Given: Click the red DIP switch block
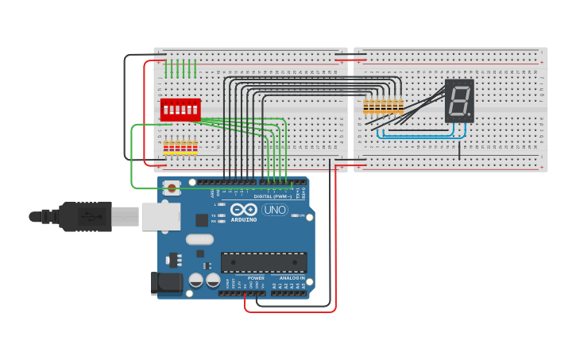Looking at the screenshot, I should point(180,110).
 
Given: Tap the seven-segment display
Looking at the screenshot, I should point(459,101).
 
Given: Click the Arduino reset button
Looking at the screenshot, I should point(171,188).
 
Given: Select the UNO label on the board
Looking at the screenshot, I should point(275,210).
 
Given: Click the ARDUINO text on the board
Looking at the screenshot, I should point(244,219).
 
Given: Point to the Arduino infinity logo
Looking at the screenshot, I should point(243,210).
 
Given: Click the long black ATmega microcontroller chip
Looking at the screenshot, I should point(264,262).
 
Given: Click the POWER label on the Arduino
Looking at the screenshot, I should point(256,278).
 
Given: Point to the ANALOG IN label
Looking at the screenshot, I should point(291,278).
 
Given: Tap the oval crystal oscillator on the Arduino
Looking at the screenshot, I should point(200,239).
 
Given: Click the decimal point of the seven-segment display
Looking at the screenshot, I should point(470,116).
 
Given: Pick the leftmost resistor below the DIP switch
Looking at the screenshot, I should point(166,147).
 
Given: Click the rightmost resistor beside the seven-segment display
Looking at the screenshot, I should point(400,106).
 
